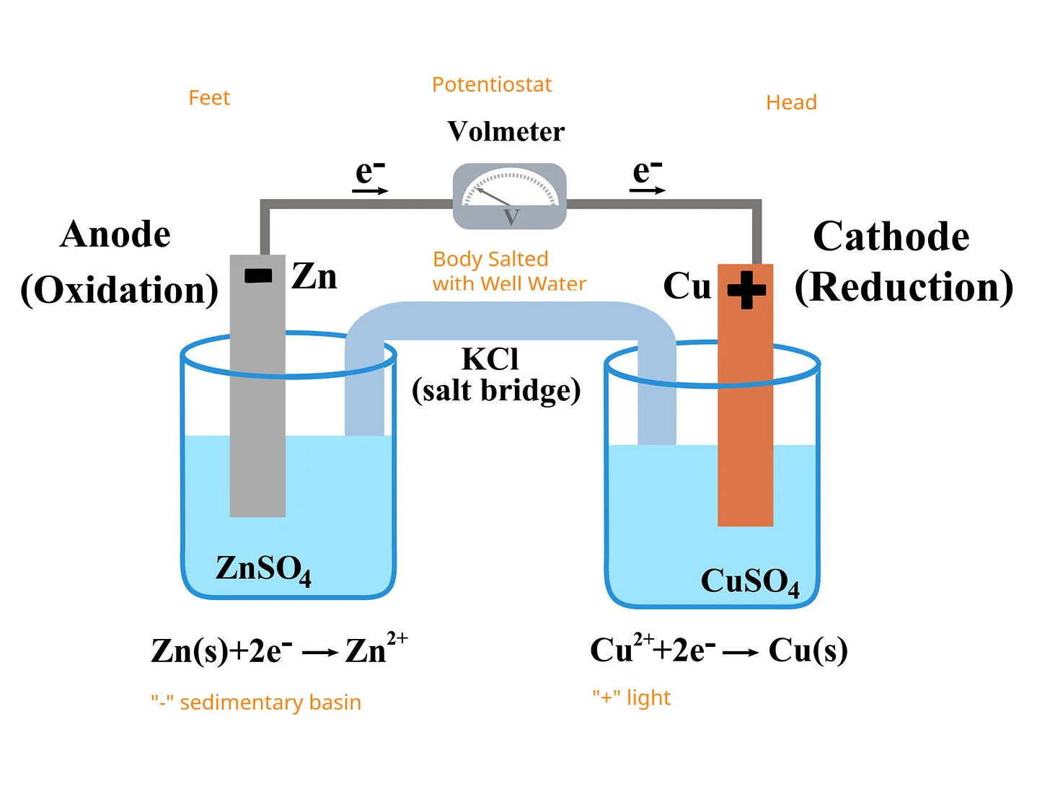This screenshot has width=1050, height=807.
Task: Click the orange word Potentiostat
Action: coord(491,84)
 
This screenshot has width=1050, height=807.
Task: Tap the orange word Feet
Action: coord(209,97)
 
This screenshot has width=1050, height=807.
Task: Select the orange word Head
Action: coord(792,102)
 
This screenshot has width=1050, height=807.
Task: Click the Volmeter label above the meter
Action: coord(506,131)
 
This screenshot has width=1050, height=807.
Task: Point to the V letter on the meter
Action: coord(511,216)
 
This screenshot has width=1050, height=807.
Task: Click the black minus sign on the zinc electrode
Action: coord(258,275)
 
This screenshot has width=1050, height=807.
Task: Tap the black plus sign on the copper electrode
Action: coord(746,290)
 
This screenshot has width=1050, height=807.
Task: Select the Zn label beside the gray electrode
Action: coord(314,276)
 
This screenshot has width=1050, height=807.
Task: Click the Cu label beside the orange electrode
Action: coord(687,286)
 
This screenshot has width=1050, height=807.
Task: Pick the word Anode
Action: coord(115,234)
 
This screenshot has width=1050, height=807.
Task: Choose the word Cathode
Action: coord(891,236)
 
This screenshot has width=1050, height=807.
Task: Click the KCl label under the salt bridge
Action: coord(490,359)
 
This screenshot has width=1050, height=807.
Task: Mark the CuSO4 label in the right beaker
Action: coord(751,582)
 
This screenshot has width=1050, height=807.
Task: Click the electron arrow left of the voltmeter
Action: coord(370,191)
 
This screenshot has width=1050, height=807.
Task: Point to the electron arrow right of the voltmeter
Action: coord(648,190)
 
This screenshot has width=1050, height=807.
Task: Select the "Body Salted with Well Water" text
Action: coord(509,271)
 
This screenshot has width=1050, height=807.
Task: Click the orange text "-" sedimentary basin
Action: coord(256,702)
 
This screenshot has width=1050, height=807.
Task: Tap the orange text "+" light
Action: coord(632,697)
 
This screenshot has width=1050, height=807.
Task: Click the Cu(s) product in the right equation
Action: coord(808,651)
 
